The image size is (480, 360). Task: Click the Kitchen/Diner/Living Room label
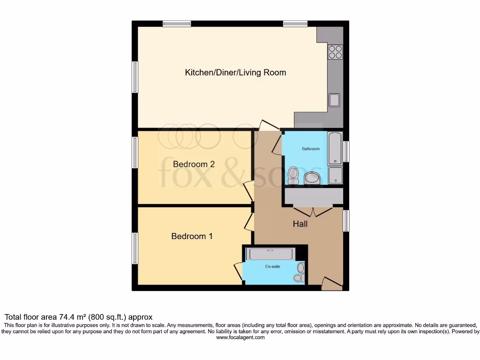coord(235,73)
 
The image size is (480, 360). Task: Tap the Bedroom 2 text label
coord(194,164)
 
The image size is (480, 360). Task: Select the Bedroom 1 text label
coord(192,236)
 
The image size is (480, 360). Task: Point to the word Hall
coord(300,224)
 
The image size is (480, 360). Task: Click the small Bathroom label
coord(310,149)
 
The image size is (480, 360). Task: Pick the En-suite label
coord(272,266)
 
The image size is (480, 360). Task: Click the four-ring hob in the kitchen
coord(335,52)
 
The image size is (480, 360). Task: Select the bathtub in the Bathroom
coord(335,148)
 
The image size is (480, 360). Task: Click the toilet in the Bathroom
coord(294,174)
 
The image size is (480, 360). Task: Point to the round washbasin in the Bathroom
coord(313,178)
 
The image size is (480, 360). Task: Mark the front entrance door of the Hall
coord(332,283)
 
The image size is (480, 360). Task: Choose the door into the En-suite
coord(239,272)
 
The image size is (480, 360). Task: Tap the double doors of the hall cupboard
coord(313,211)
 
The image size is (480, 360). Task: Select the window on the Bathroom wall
coord(346,151)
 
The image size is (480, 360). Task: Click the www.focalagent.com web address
coord(240,337)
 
